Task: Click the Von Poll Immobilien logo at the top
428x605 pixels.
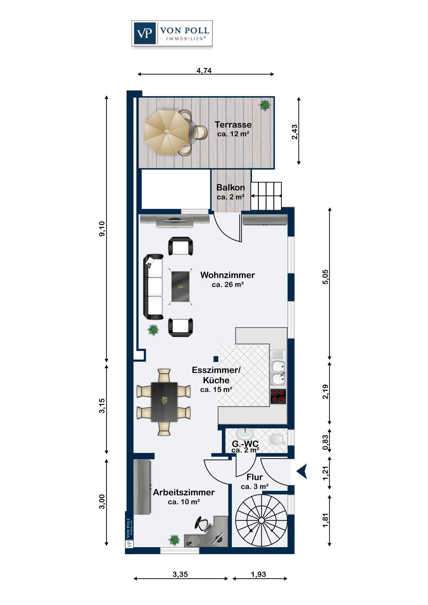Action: (172, 33)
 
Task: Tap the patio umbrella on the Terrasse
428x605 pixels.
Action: (167, 132)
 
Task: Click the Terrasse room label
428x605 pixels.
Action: (233, 125)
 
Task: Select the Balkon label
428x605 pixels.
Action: (231, 187)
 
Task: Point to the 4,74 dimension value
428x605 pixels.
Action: (204, 71)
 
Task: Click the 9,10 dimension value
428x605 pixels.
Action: (102, 229)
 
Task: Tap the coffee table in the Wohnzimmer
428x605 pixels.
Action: (180, 286)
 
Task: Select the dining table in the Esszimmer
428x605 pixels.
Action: (164, 402)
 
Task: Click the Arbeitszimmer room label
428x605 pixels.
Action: (184, 492)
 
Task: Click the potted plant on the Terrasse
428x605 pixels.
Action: (264, 105)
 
